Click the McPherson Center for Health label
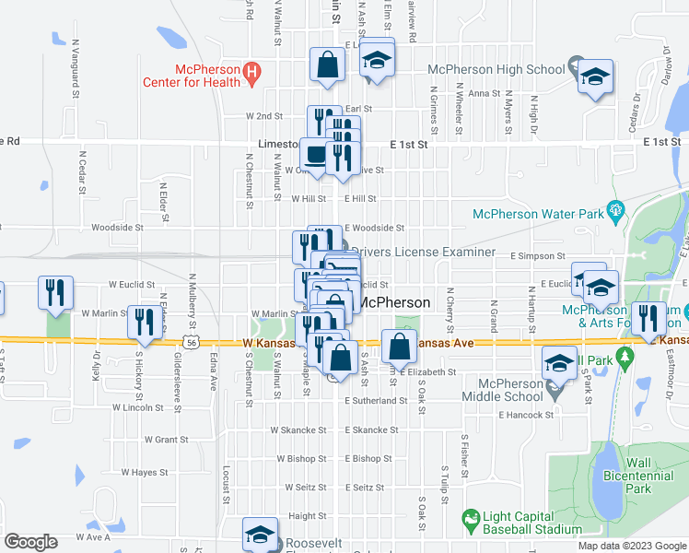coord(191,75)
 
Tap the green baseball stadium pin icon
coord(472,521)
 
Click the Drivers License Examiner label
coord(423,252)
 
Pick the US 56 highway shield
coord(191,341)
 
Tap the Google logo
coord(30,542)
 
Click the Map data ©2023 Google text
coord(631,546)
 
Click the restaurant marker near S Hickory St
coord(144,322)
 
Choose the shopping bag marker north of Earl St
coord(326,65)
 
